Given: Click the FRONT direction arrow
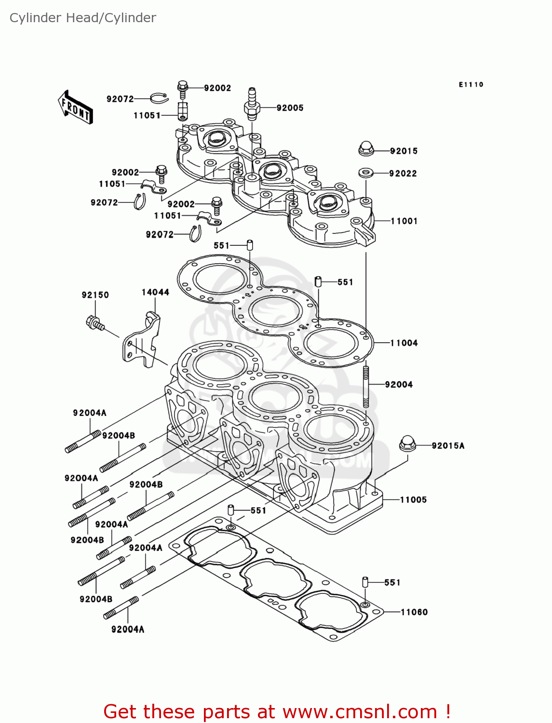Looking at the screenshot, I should pos(75,107).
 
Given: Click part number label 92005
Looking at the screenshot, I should pos(290,108).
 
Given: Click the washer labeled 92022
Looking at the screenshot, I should pos(366,173).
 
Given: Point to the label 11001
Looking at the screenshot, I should pos(404,221).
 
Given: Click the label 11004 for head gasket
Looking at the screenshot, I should pos(404,343).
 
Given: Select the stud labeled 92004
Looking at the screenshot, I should pos(366,387).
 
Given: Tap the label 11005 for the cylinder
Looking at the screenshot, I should pos(413,500).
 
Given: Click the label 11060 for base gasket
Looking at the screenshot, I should pos(414,612).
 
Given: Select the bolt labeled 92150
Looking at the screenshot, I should pos(94,323).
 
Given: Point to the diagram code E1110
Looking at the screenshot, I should pos(471,85).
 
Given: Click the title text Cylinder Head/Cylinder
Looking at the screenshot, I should pos(83,18).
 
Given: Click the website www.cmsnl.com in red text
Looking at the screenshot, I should pos(359,711).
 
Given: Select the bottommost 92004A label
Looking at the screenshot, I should pos(128,629).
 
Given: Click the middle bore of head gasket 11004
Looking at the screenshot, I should pos(276,311).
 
